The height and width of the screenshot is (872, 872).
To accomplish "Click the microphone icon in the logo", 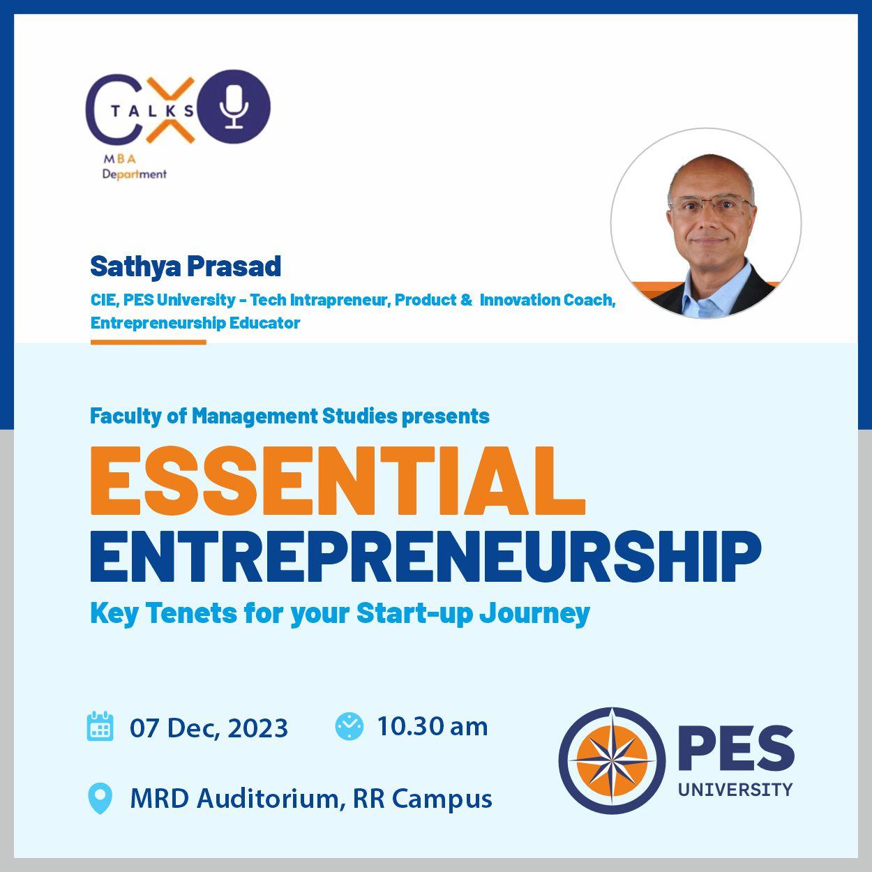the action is pyautogui.click(x=234, y=107).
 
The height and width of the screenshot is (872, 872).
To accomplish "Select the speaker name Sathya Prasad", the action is pyautogui.click(x=186, y=266).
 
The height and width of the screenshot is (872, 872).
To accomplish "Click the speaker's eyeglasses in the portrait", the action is pyautogui.click(x=712, y=205).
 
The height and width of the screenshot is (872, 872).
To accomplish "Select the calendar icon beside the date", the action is pyautogui.click(x=100, y=726).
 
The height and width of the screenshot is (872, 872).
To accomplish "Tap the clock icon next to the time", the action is pyautogui.click(x=349, y=726).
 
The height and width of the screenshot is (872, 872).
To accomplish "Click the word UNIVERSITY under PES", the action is pyautogui.click(x=735, y=790).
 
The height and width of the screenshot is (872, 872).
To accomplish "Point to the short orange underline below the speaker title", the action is pyautogui.click(x=149, y=343).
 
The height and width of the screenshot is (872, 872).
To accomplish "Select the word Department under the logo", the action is pyautogui.click(x=135, y=174).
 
